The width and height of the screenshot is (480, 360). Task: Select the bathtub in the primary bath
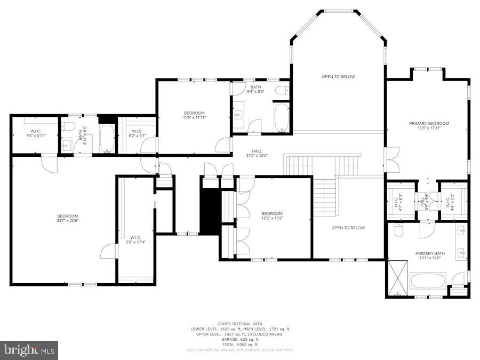pos(428,281)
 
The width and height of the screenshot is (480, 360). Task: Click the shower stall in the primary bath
pos(396,277)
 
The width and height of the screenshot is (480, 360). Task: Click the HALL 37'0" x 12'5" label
pos(256,153)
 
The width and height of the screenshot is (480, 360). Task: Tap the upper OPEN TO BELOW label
pos(338,77)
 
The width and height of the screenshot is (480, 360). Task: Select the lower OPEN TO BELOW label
pos(348,228)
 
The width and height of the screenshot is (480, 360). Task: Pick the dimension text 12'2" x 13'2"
pos(271,218)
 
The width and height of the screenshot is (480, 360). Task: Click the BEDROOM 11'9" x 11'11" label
pos(194,115)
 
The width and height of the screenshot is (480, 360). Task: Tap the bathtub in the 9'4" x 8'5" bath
pos(281,117)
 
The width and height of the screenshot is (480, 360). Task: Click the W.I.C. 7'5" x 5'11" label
pos(35,133)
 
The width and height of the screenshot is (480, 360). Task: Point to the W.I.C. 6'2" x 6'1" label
pos(137,133)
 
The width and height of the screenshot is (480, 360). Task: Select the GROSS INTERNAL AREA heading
pos(239,324)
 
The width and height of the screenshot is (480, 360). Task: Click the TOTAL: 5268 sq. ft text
pos(239,344)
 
